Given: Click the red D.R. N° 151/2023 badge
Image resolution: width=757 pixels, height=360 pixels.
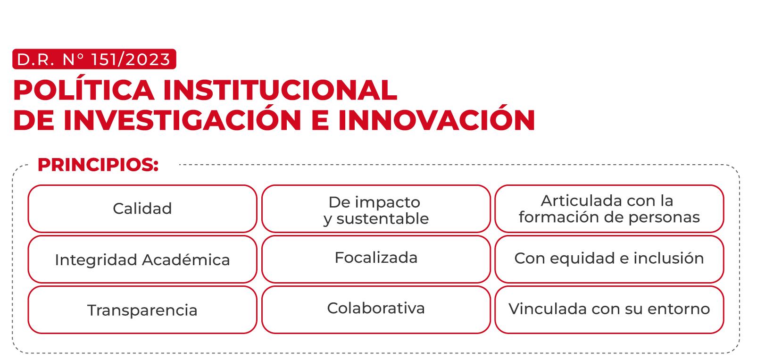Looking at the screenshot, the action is (x=94, y=59).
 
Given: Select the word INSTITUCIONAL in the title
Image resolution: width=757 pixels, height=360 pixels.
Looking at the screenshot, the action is (x=281, y=90).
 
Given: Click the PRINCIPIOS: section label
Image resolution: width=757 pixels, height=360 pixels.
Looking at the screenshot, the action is (x=98, y=165).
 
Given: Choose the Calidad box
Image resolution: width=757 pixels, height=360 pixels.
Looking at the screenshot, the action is (x=142, y=209).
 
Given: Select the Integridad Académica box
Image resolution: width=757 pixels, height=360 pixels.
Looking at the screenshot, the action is (x=142, y=260).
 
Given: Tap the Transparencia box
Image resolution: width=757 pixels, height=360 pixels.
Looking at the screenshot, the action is (x=142, y=310).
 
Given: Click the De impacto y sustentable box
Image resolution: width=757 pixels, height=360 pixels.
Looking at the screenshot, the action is (x=376, y=209).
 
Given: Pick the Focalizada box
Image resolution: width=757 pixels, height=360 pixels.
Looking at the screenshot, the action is (x=376, y=260).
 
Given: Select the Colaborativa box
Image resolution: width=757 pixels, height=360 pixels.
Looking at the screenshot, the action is (x=376, y=310).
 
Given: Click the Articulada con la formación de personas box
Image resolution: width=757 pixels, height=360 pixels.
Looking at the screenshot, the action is (x=609, y=209).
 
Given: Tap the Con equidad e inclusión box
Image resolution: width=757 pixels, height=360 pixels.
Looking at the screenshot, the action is (x=609, y=260).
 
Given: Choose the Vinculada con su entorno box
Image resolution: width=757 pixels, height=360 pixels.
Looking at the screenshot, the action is (x=609, y=310).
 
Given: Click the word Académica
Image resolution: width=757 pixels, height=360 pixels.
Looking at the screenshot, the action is (x=186, y=260).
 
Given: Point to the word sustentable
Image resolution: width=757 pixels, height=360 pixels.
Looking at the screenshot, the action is (x=383, y=219).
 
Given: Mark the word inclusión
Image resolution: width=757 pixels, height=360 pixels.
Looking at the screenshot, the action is (x=668, y=258).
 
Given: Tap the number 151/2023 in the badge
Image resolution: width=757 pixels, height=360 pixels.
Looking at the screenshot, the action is (x=131, y=59).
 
